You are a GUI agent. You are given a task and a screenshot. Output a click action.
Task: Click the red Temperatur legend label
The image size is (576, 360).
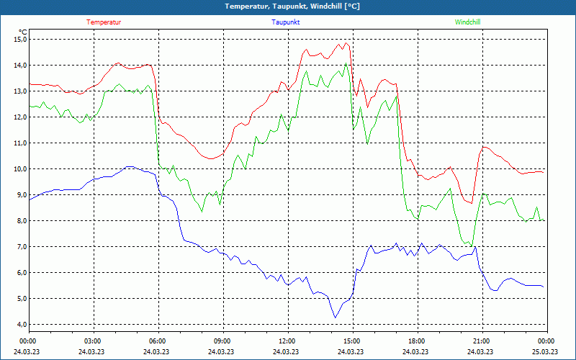(x=104, y=22)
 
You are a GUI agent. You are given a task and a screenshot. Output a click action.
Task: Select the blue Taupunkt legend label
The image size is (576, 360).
(x=286, y=22)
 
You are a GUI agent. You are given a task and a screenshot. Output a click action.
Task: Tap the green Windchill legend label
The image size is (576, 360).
(x=467, y=22)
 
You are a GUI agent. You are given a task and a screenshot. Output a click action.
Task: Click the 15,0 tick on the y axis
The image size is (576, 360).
(x=20, y=40)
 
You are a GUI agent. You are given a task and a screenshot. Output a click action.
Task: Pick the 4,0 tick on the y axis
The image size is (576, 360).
(x=20, y=325)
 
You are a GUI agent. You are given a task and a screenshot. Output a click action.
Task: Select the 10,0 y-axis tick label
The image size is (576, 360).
(x=20, y=169)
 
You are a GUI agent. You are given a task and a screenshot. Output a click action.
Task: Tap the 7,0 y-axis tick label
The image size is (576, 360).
(x=20, y=247)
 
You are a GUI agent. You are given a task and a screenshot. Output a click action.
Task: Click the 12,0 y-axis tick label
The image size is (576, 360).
(x=20, y=117)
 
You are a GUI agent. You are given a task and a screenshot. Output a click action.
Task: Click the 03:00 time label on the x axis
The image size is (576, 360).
(x=93, y=341)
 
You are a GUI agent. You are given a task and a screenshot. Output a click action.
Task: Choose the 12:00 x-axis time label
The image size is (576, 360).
(x=287, y=341)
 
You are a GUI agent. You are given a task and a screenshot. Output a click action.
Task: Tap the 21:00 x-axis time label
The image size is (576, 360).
(x=481, y=341)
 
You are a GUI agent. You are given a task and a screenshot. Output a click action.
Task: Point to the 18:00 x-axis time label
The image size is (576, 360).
(x=416, y=341)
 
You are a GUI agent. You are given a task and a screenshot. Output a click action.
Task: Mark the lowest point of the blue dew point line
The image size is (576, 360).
(x=335, y=318)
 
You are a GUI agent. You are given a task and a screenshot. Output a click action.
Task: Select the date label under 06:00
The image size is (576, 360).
(x=157, y=352)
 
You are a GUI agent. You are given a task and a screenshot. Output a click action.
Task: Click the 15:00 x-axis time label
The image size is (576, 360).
(x=351, y=341)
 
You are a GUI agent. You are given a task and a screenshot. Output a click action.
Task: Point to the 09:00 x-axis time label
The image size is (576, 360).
(x=222, y=341)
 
